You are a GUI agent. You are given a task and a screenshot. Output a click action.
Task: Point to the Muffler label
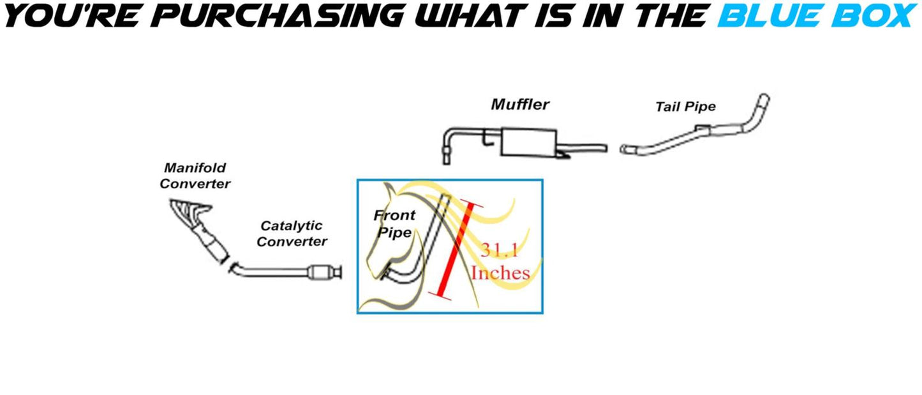520,105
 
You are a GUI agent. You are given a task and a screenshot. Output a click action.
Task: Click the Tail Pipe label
685,107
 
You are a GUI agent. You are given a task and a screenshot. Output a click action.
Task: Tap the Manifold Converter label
195,175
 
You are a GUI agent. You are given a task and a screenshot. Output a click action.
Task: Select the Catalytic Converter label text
292,234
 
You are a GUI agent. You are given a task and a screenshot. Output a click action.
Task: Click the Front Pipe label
394,223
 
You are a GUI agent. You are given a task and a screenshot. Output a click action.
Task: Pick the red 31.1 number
499,251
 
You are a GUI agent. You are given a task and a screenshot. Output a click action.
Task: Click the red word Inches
500,273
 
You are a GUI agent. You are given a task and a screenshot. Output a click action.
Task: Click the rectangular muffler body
528,142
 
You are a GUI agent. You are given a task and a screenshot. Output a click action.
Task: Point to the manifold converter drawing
199,227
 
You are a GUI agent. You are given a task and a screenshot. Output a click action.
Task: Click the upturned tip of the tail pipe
762,105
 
